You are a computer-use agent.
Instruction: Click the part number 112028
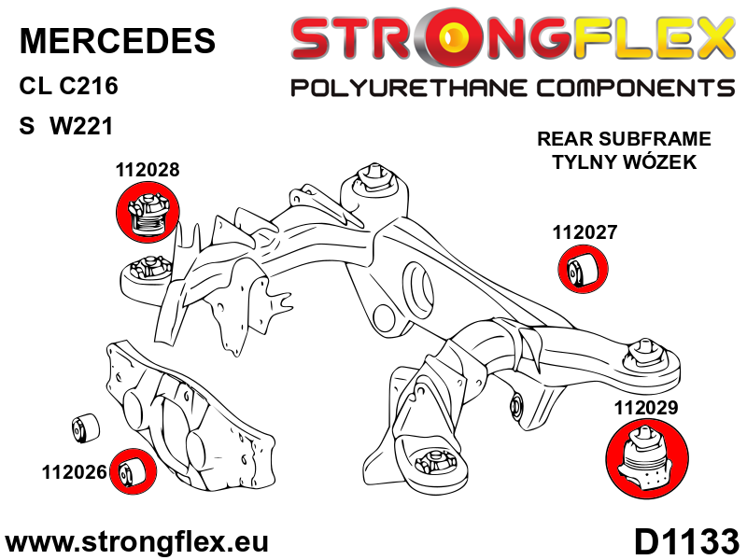click(148, 171)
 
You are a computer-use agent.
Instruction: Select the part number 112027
click(585, 233)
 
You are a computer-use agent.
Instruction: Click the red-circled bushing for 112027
click(585, 270)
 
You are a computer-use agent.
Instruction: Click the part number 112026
click(73, 472)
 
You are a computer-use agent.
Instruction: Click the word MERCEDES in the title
click(117, 40)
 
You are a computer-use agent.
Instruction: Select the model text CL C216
click(68, 87)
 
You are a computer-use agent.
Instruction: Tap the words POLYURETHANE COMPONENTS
click(513, 89)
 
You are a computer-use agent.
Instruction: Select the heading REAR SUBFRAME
click(624, 139)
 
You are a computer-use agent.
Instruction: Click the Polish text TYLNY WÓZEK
click(624, 161)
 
